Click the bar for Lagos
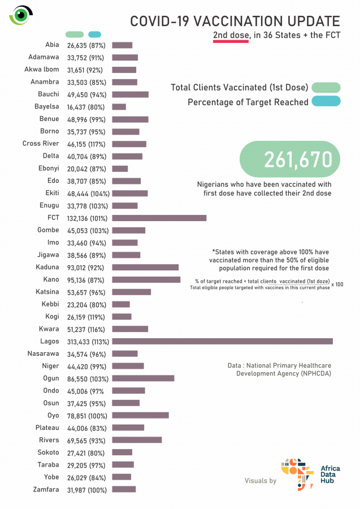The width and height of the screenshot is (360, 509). point(223,341)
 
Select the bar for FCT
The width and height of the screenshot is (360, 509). point(159,218)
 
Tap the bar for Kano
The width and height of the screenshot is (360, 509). point(146,279)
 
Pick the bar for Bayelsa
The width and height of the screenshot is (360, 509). point(119,106)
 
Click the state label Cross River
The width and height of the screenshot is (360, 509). point(41,144)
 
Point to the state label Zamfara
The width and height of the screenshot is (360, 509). point(46,489)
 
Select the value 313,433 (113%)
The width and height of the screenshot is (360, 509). point(88,342)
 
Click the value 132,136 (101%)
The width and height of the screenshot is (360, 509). point(88,218)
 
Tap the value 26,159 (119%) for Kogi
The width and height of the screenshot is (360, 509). point(88,317)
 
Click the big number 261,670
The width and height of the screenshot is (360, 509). point(298,159)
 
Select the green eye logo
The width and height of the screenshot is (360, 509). point(21,15)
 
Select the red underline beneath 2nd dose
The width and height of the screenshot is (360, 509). point(231,41)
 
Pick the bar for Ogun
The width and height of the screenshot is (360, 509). point(143,378)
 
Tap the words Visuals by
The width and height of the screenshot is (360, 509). point(261,481)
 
